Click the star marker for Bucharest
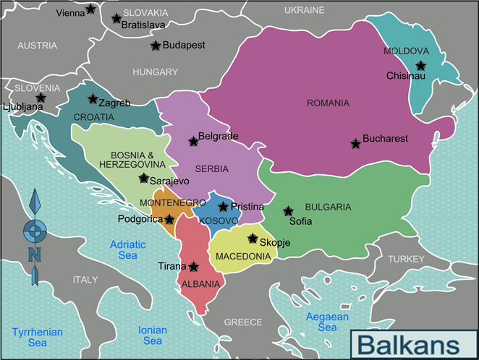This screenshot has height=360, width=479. click(x=355, y=144)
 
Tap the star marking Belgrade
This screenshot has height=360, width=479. click(x=193, y=142)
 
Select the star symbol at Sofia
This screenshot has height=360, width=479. click(x=289, y=211)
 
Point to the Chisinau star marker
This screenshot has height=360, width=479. click(x=420, y=66)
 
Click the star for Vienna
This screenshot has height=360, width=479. click(x=90, y=9)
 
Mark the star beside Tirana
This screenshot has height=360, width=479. click(x=193, y=267)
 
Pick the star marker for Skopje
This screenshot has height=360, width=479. click(x=253, y=239)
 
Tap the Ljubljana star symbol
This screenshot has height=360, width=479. click(x=41, y=98)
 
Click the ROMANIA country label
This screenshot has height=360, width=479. click(x=328, y=103)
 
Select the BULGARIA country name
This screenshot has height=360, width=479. click(x=328, y=207)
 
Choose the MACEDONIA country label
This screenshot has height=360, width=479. click(x=244, y=256)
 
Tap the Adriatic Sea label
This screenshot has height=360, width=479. click(x=127, y=250)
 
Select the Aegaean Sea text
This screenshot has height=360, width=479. click(x=327, y=322)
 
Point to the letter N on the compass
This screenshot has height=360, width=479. click(x=34, y=254)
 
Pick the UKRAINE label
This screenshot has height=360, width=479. click(x=304, y=11)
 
